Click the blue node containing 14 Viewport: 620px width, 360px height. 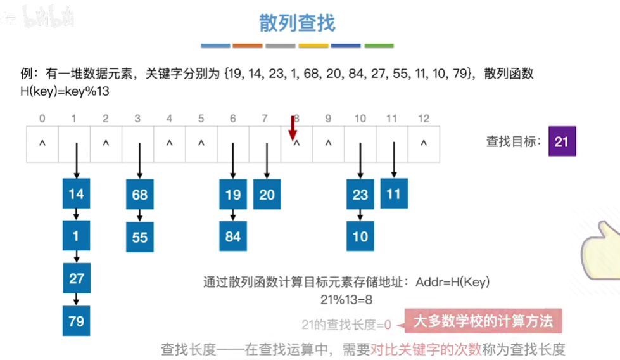(76, 194)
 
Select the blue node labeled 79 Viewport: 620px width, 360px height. (76, 321)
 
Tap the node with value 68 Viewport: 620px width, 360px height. (139, 195)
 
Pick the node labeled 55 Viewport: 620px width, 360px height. (139, 236)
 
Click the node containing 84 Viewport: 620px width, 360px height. (232, 236)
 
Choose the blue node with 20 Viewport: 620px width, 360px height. (267, 195)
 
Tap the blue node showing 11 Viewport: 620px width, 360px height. (394, 193)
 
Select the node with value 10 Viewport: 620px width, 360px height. (360, 236)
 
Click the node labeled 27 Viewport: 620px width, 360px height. (76, 278)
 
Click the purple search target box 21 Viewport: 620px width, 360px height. (562, 141)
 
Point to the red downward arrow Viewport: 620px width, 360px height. (293, 128)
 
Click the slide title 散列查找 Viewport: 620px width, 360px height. (297, 23)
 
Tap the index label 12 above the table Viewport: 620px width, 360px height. (424, 119)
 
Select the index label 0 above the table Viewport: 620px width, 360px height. (42, 119)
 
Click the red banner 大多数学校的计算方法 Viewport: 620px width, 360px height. (483, 321)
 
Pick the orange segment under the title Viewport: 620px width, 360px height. (247, 46)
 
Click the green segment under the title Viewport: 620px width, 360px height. (379, 46)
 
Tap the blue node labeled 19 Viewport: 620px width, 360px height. (232, 195)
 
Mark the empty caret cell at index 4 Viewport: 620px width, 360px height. (169, 143)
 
